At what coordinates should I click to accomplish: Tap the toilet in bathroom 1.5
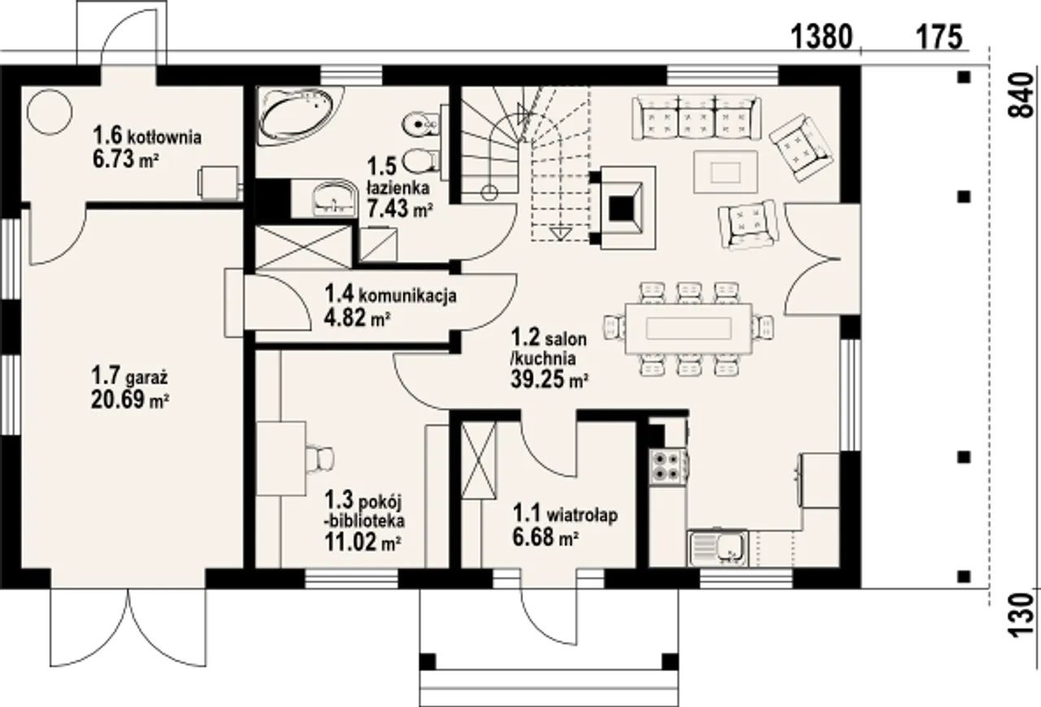tap(421, 161)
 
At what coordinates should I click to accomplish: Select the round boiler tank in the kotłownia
tap(50, 112)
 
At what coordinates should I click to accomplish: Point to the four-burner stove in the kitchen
tap(667, 467)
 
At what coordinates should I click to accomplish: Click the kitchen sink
tap(717, 549)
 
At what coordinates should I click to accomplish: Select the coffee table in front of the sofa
tap(725, 172)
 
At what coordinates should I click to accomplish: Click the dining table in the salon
tap(689, 329)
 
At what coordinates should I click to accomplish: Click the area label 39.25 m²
tap(549, 380)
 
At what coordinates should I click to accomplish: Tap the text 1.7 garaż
tap(129, 377)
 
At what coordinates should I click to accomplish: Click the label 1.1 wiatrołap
tap(565, 514)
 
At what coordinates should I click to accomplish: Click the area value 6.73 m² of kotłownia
tap(126, 159)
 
